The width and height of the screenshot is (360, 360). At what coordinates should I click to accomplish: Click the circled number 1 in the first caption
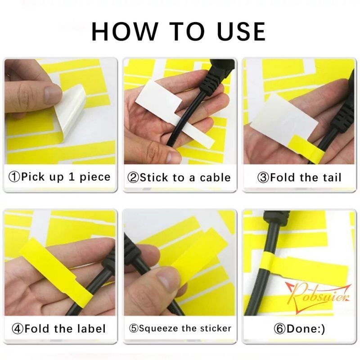[14, 176]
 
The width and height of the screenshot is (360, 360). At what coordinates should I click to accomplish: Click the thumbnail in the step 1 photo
[50, 94]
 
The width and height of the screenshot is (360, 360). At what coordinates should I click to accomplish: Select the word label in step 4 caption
[92, 328]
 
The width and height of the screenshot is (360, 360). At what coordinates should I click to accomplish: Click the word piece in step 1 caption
[95, 176]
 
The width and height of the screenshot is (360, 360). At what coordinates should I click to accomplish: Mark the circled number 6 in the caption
[280, 328]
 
